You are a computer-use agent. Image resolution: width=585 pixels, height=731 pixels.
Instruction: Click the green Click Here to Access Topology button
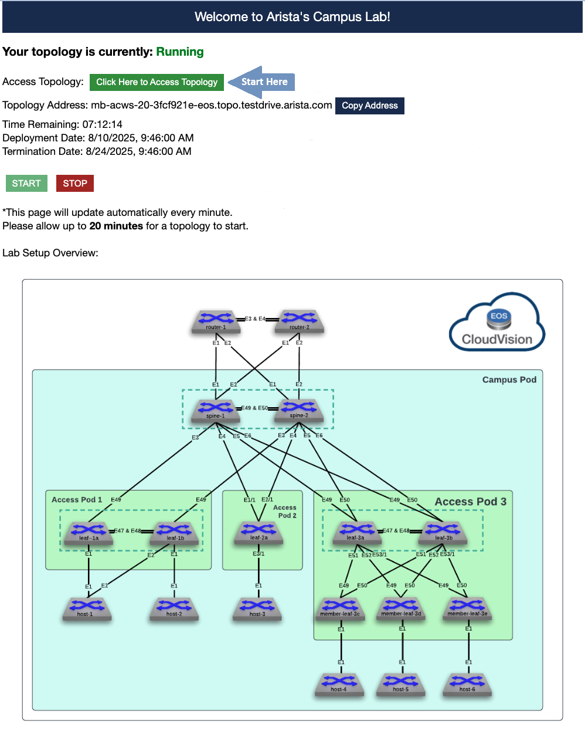157,82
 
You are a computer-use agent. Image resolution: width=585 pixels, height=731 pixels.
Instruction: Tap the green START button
26,184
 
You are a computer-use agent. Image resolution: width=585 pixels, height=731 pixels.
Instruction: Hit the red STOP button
75,184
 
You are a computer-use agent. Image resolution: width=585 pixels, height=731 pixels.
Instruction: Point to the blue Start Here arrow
261,82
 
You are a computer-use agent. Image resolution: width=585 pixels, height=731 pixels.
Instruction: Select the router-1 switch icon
216,321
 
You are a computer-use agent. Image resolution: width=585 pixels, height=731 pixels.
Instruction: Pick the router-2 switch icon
299,321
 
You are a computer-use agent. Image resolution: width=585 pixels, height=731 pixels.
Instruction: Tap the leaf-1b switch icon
175,532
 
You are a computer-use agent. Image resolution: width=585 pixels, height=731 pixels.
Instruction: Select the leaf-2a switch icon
259,532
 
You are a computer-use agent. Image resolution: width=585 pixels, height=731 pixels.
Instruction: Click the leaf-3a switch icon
356,532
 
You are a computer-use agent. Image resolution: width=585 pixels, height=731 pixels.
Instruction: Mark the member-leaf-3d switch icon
401,608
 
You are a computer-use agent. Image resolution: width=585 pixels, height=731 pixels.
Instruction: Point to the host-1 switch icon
86,608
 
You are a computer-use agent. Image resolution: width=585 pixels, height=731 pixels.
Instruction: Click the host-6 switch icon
468,683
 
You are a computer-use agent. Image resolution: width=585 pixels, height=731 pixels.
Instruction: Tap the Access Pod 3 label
470,502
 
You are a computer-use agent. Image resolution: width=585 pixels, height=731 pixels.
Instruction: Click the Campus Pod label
509,380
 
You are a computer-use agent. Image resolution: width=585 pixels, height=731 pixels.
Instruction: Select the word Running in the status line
180,52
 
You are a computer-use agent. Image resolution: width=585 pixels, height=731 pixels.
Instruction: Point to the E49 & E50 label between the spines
255,408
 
